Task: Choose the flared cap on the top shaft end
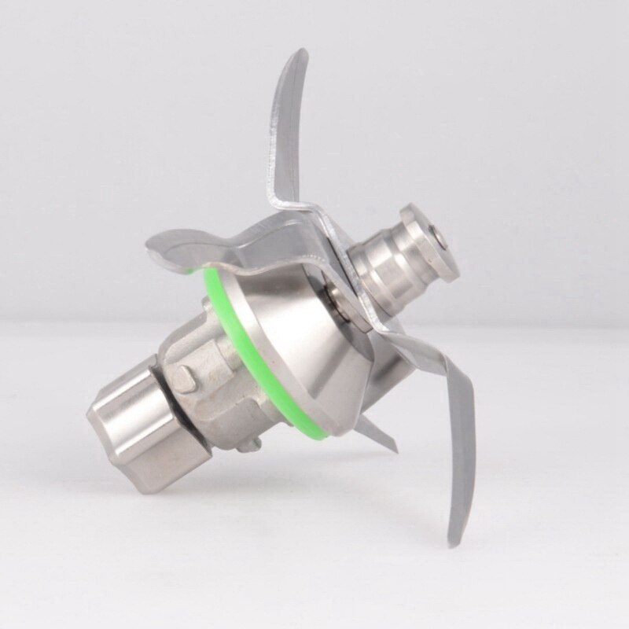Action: [x=429, y=240]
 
